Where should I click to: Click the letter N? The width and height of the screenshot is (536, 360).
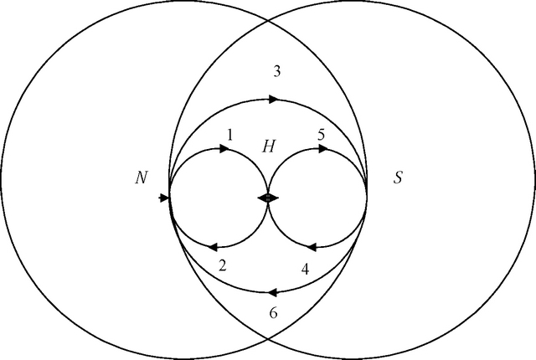click(142, 178)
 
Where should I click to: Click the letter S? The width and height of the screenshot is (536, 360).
click(398, 178)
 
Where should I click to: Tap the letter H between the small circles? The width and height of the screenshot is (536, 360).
click(268, 147)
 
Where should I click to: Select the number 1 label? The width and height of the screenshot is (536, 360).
click(230, 136)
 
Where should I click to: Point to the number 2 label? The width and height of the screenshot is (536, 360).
click(223, 265)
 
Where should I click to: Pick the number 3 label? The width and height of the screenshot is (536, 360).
click(277, 72)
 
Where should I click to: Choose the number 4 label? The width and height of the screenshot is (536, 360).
click(305, 269)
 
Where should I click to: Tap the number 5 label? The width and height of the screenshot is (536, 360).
click(321, 135)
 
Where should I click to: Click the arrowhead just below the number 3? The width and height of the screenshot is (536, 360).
click(273, 100)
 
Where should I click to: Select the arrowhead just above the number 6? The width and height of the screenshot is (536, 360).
click(272, 292)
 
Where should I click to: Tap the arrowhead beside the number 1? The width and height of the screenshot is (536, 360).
click(224, 148)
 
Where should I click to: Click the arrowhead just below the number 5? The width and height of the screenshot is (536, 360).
click(322, 149)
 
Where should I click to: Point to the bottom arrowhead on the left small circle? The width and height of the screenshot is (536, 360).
click(213, 247)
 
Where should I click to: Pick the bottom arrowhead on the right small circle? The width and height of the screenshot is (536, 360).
click(312, 247)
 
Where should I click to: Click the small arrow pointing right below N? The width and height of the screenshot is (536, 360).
click(164, 198)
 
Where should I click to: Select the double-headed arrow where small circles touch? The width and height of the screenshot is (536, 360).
click(268, 198)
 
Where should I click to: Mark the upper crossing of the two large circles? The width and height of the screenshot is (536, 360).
click(268, 21)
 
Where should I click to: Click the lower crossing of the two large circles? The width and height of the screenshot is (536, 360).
click(268, 339)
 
